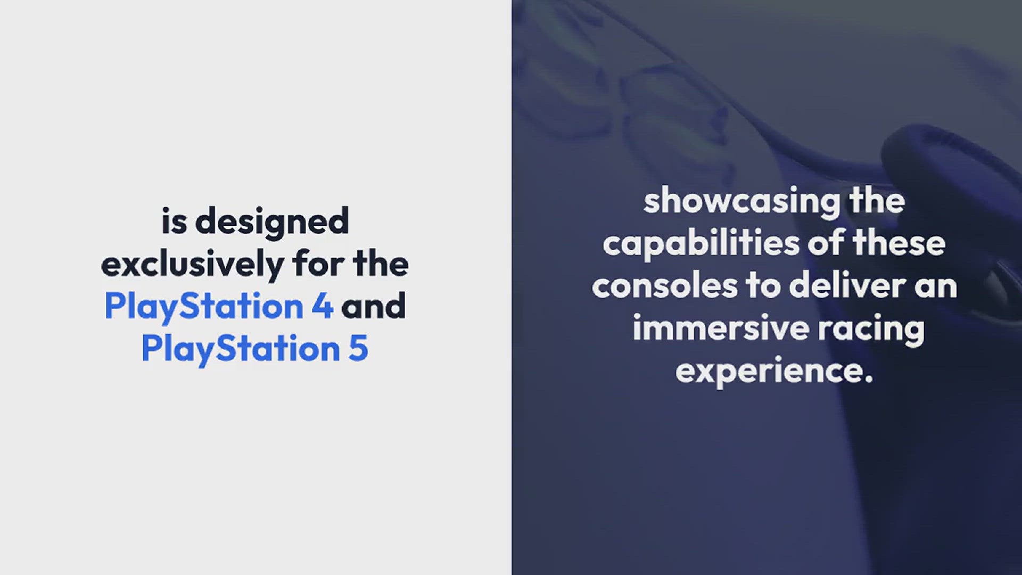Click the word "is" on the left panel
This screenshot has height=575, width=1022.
click(x=174, y=221)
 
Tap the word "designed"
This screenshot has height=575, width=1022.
click(x=272, y=223)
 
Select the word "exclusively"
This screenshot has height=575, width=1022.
click(x=193, y=265)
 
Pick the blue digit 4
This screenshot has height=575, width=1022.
click(x=323, y=306)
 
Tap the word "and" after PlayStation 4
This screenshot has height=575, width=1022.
click(x=374, y=306)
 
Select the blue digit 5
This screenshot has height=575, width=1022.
click(x=358, y=349)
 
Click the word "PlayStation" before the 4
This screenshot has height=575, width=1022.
click(x=204, y=307)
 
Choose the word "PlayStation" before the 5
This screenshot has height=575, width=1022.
click(x=241, y=350)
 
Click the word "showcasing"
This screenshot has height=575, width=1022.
click(x=742, y=202)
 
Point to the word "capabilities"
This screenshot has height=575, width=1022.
click(x=701, y=244)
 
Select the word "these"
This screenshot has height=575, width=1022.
click(x=899, y=243)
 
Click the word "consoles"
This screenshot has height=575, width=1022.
click(x=665, y=286)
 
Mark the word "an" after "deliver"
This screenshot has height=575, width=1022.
click(x=936, y=287)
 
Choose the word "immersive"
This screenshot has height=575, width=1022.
click(x=721, y=328)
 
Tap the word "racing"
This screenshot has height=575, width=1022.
click(x=871, y=330)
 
